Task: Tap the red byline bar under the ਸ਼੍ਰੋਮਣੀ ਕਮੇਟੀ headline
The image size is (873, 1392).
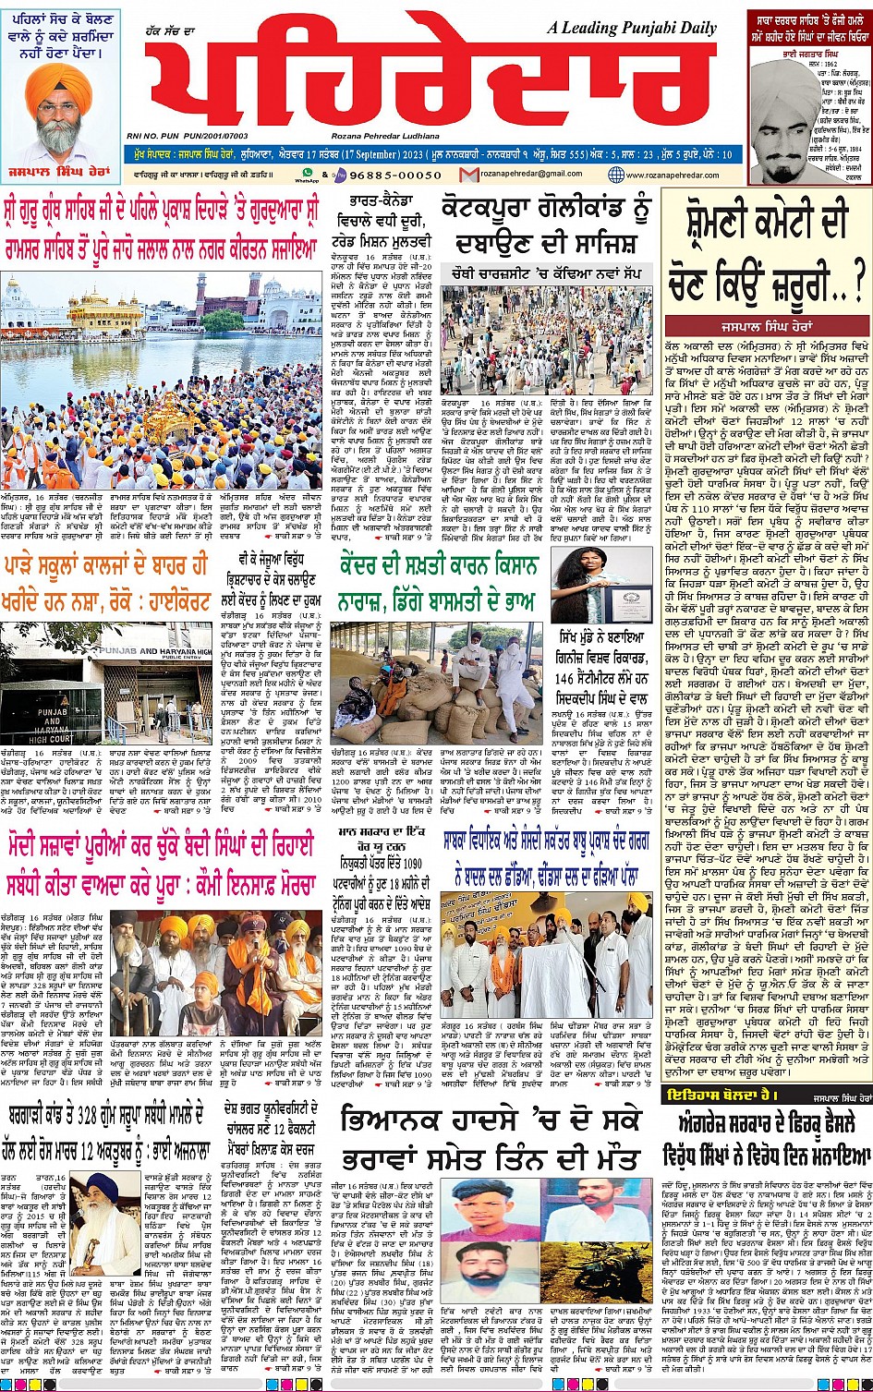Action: point(766,326)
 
